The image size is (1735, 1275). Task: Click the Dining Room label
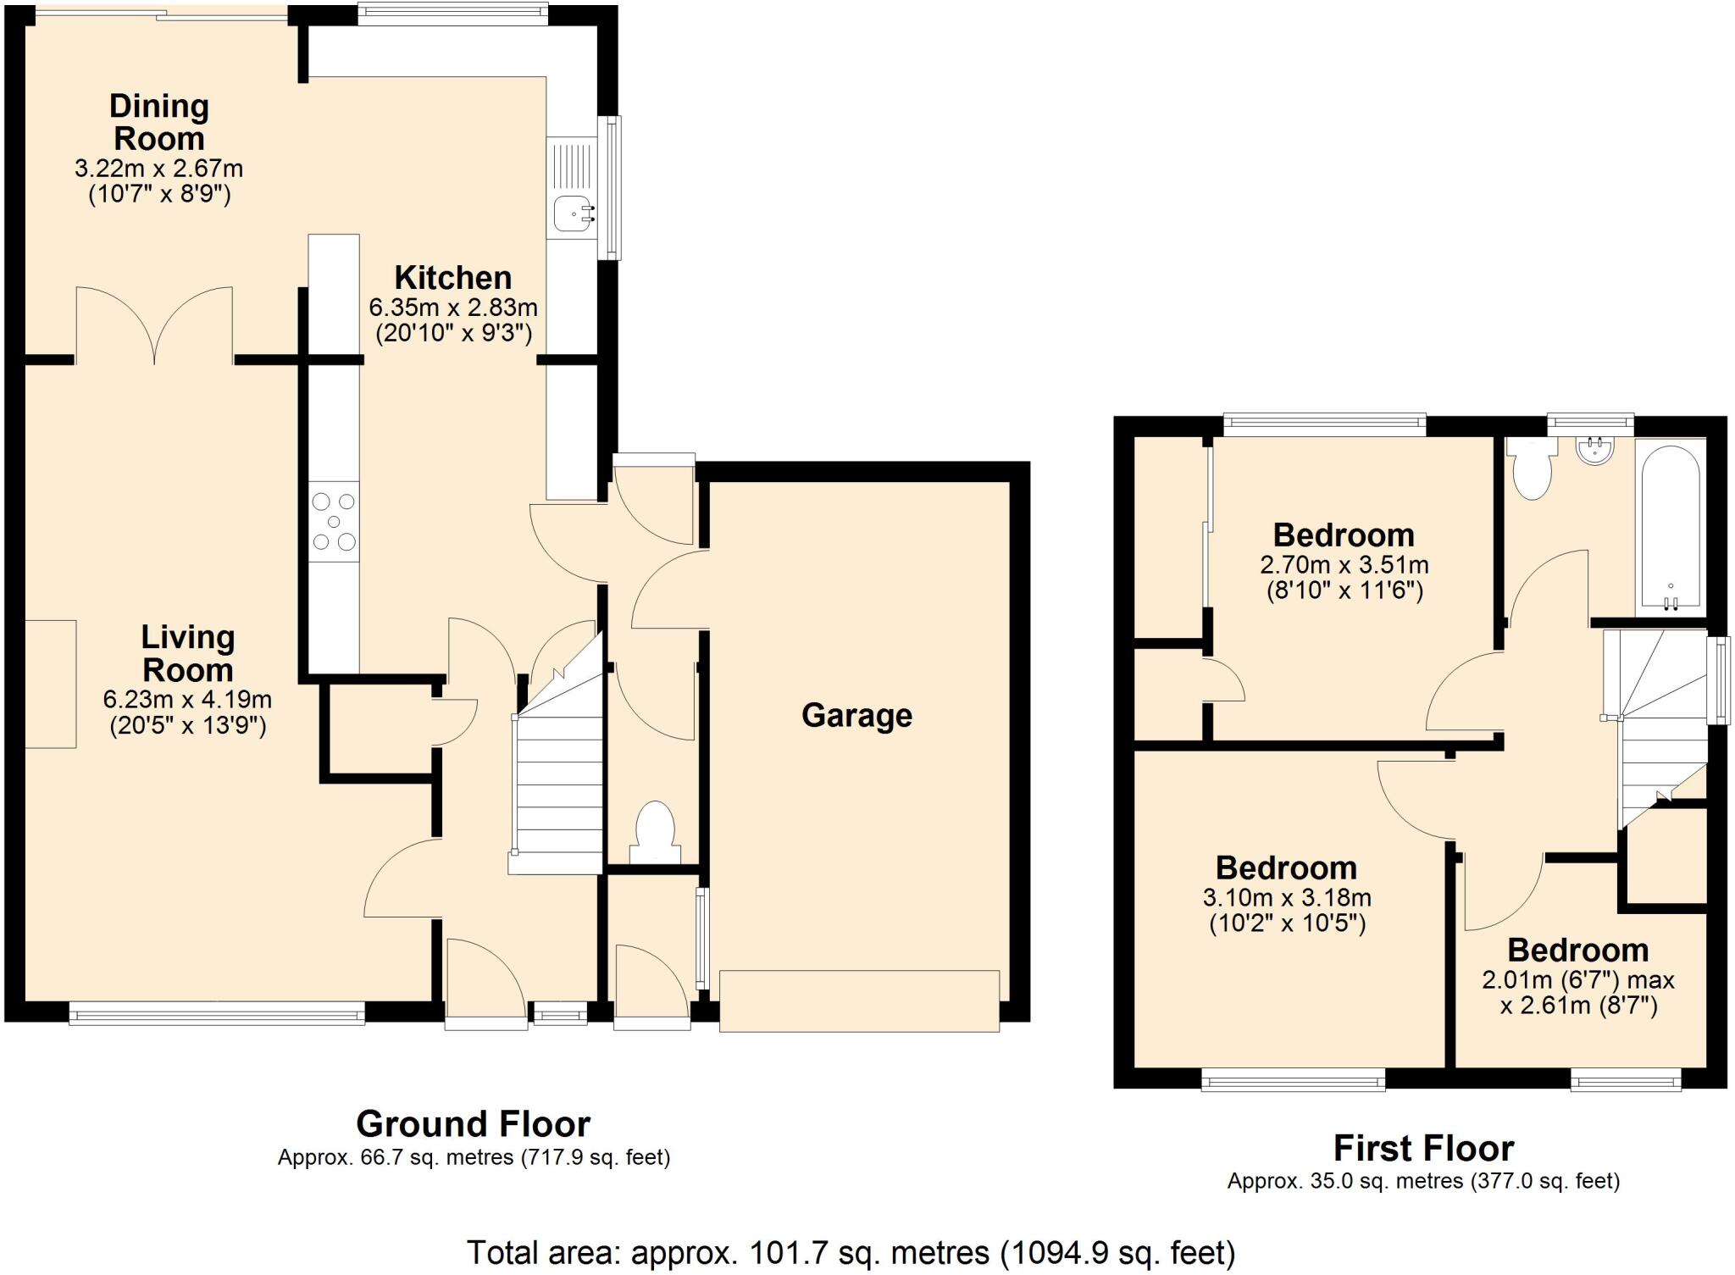click(x=159, y=122)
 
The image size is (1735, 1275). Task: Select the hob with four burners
click(x=334, y=522)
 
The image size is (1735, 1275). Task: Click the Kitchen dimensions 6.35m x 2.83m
click(x=453, y=307)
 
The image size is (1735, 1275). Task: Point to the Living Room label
click(x=187, y=653)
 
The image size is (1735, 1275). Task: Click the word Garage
click(x=856, y=716)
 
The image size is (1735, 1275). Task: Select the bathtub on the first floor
click(x=1670, y=526)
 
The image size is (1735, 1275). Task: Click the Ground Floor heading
click(x=473, y=1124)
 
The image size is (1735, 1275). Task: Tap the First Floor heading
click(x=1423, y=1149)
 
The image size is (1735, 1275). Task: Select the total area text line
click(x=851, y=1252)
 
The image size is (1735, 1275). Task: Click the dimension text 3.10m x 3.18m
click(x=1287, y=898)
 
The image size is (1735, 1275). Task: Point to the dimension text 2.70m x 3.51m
click(x=1344, y=565)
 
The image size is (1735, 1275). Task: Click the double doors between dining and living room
click(x=154, y=327)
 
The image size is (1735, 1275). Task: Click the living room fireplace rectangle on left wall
click(x=51, y=684)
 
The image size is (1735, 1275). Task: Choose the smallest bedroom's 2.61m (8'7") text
click(x=1578, y=1006)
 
